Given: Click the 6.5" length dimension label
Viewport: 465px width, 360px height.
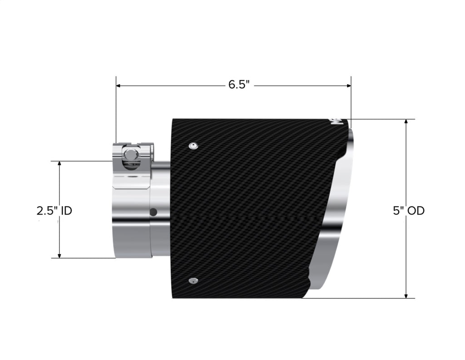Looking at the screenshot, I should [x=239, y=85].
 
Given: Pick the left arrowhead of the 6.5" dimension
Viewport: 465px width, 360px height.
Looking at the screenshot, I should [x=118, y=85].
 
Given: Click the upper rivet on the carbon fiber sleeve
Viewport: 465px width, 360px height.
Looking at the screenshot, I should [x=193, y=145].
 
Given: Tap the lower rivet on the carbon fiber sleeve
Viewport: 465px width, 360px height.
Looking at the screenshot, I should [x=193, y=280].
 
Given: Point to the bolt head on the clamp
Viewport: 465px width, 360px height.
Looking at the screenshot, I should [x=130, y=155].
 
